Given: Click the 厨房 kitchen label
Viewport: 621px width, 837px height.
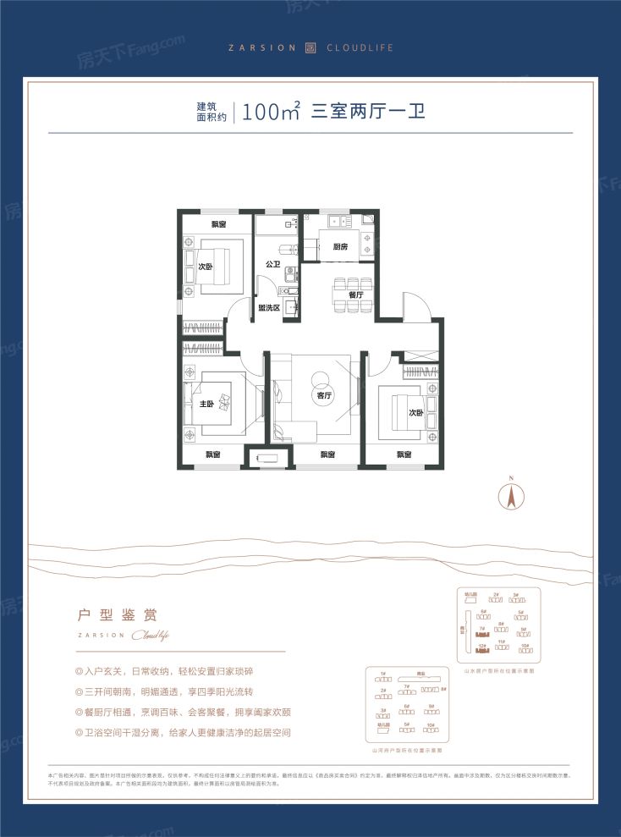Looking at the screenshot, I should (x=340, y=247).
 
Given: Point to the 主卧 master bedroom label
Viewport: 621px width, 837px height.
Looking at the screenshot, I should (x=206, y=404).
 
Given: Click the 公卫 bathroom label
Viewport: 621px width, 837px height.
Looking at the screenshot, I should (x=272, y=265).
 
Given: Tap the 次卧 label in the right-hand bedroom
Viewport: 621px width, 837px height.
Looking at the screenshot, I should (x=415, y=413).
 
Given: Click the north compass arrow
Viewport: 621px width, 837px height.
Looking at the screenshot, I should (x=511, y=495).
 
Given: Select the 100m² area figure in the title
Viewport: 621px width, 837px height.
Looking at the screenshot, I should (x=271, y=113).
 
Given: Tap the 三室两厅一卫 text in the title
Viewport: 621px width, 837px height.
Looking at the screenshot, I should (x=366, y=113).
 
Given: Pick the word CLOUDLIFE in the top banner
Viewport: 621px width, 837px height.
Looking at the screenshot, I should (x=357, y=48).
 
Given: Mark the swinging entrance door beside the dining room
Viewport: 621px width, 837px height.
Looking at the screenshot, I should (x=416, y=305).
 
